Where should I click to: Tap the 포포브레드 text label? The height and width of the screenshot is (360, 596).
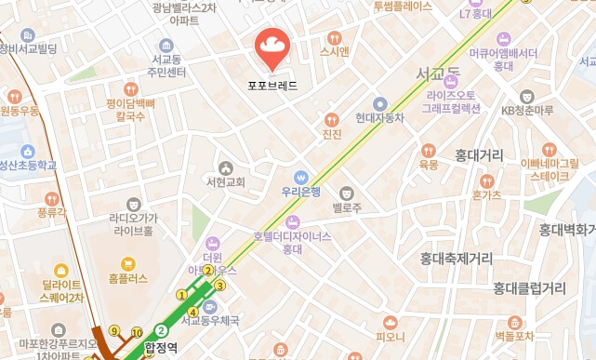272,85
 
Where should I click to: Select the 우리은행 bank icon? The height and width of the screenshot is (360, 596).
300,177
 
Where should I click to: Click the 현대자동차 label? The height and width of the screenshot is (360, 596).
379,118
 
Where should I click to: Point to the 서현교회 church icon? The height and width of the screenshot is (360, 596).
225,167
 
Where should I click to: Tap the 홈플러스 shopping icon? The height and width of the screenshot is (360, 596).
127,263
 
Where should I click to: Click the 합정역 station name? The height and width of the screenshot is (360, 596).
161,349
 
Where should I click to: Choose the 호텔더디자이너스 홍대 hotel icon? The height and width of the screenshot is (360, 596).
293,221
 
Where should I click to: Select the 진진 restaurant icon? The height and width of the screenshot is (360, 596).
331,119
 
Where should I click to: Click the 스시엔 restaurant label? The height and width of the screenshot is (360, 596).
335,51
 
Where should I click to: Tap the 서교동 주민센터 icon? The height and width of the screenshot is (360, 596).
166,46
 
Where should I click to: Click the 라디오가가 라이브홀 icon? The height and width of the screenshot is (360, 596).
134,204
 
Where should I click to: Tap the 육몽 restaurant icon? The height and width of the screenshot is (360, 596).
429,150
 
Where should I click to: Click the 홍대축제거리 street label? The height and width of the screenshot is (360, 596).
456,258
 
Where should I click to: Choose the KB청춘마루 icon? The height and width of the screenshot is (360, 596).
527,96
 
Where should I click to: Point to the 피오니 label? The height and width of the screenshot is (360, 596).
390,336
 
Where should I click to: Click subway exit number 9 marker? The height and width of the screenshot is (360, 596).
114,330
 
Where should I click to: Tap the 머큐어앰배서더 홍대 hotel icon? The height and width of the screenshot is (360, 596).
504,38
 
